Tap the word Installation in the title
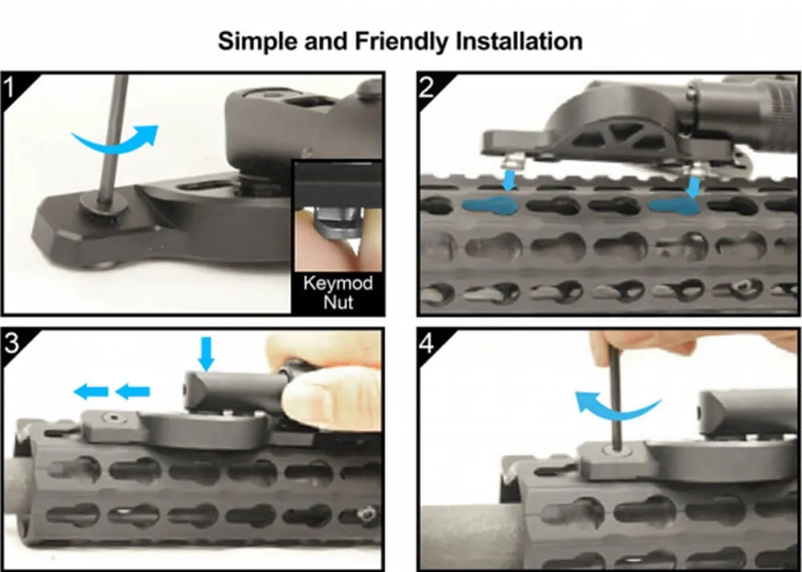pos(519,41)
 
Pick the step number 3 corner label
pos(10,343)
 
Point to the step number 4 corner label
pos(427,343)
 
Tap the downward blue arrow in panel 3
pos(206,353)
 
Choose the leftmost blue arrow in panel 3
pos(91,393)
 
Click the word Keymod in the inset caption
pos(338,284)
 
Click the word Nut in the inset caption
pos(338,302)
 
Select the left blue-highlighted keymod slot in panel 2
pos(490,206)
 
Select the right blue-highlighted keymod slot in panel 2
pos(674,206)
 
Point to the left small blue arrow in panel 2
pos(509,180)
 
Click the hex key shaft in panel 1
pos(114,138)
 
